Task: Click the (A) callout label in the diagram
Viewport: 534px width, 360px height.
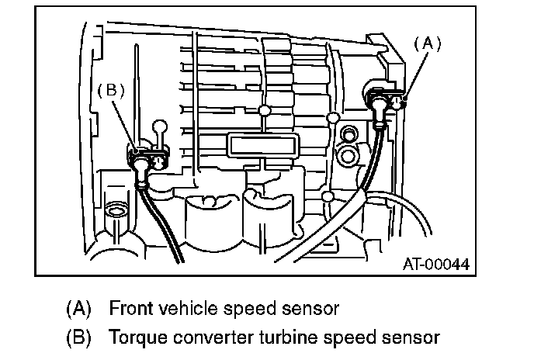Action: (x=426, y=45)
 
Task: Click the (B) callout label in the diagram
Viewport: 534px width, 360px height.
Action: (x=110, y=90)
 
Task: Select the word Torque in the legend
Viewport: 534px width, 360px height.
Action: (x=133, y=337)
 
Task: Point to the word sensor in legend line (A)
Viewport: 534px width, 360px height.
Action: (x=310, y=309)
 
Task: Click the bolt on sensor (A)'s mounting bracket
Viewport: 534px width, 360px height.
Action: (x=398, y=101)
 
